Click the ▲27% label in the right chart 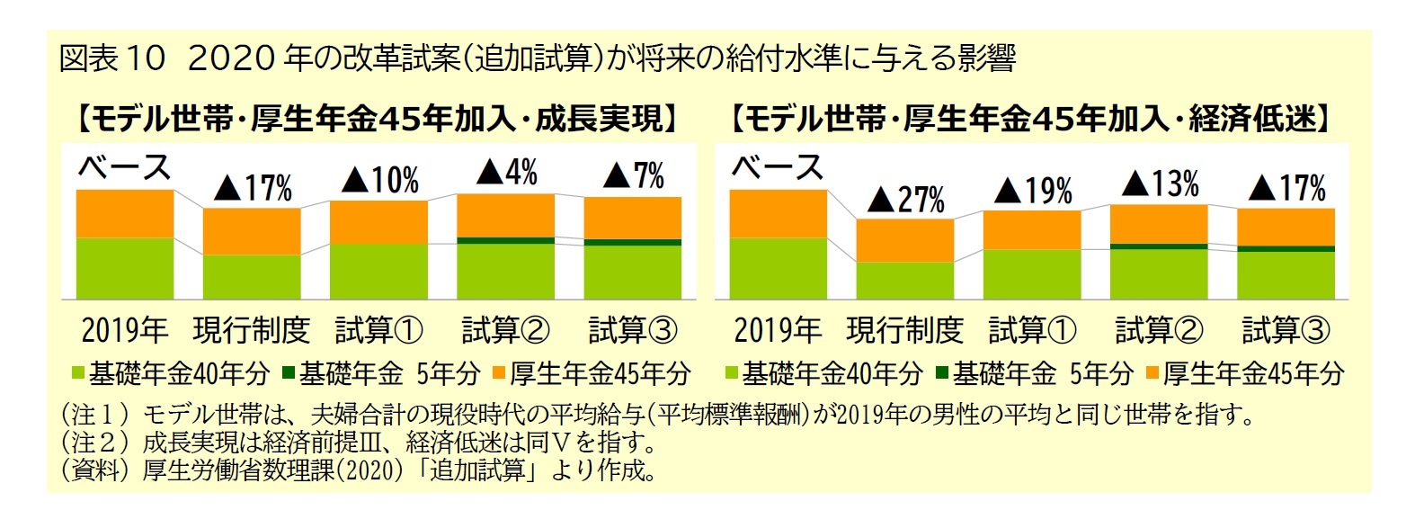(906, 199)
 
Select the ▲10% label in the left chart (379, 181)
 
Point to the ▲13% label (1161, 184)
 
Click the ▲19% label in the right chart (1034, 191)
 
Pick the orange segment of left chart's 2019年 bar (125, 213)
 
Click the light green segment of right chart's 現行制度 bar (904, 280)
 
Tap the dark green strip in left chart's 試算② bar (506, 240)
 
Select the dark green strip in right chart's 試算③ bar (1286, 248)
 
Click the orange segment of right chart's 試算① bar (1032, 229)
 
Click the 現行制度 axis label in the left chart (251, 330)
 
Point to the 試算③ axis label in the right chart (1286, 330)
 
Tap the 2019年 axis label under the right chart (778, 330)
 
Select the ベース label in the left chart (124, 167)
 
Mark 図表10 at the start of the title (112, 59)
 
